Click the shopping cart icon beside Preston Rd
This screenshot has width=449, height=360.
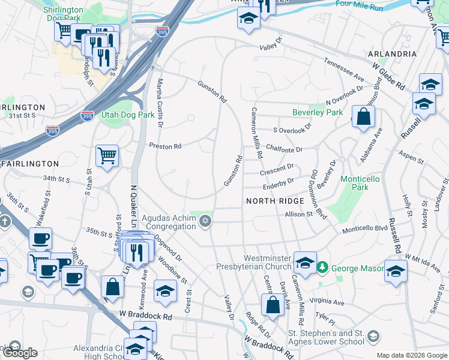tap(107, 156)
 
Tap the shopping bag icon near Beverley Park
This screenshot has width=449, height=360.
tap(363, 116)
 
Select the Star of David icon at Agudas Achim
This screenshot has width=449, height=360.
tap(206, 222)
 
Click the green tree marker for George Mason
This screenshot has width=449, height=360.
tap(323, 266)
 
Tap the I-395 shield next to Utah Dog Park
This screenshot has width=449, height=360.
tap(87, 116)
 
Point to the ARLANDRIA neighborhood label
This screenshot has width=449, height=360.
tap(394, 54)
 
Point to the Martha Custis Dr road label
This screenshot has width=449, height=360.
tap(160, 102)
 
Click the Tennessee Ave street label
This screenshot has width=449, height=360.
tap(344, 70)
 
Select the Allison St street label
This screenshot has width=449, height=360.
tap(300, 214)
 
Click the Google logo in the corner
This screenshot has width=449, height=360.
tap(20, 353)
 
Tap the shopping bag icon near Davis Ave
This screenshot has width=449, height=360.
tap(273, 304)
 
